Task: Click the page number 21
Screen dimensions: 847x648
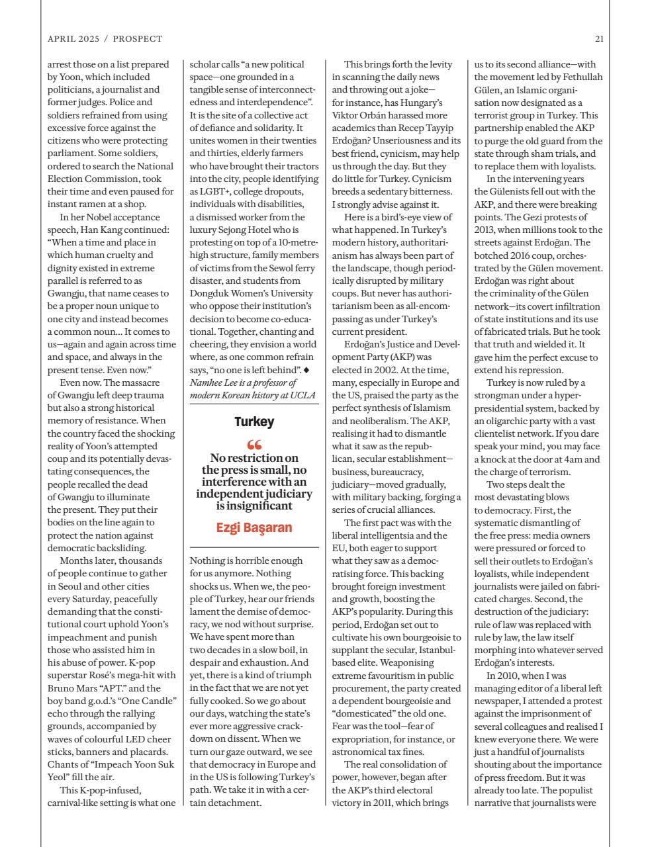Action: (x=598, y=39)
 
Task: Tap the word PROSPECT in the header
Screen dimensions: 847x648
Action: (x=137, y=39)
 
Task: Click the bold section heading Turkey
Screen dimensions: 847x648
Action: (x=254, y=422)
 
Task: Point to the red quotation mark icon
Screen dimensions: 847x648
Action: (x=254, y=445)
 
